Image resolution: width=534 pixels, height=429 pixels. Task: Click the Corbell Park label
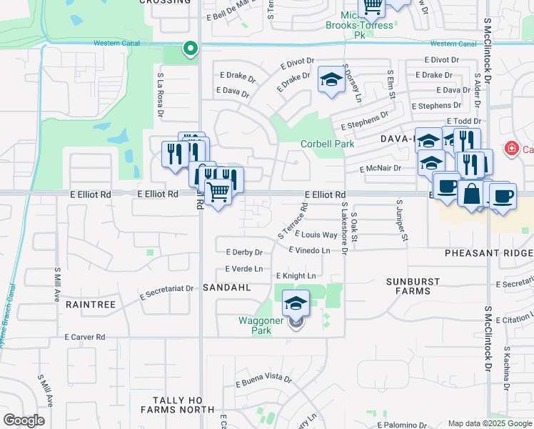pos(327,144)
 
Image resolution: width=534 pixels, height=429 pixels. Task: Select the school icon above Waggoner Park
pos(296,303)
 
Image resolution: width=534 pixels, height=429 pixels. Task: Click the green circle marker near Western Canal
pos(190,49)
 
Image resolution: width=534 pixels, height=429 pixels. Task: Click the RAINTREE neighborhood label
pos(91,304)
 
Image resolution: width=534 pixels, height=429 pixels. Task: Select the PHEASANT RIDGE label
pos(489,254)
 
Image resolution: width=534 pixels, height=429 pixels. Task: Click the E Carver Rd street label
pos(84,336)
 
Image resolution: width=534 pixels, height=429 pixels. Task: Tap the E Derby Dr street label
pos(244,252)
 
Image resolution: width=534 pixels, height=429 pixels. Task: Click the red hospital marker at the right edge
pos(510,149)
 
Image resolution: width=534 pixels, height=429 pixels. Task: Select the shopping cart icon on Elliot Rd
pos(218,191)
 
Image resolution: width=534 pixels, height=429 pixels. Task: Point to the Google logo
pos(24,420)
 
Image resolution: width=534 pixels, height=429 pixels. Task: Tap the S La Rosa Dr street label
pos(161,94)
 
